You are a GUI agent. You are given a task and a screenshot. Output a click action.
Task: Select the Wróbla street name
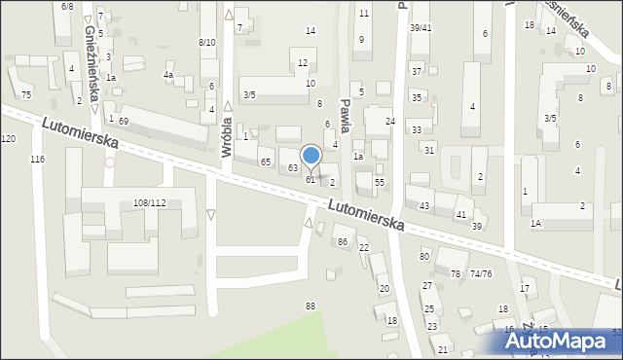click(226, 135)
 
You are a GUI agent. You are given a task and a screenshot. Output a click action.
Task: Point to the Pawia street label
click(345, 113)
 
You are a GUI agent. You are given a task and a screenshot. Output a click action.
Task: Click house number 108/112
click(149, 202)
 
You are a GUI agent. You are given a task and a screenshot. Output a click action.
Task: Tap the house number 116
click(37, 159)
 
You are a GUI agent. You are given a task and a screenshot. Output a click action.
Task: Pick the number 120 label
click(8, 139)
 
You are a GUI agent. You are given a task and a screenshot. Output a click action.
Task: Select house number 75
click(26, 94)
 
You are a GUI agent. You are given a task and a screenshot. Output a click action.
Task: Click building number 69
click(124, 120)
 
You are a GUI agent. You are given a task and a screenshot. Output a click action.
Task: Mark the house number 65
click(265, 162)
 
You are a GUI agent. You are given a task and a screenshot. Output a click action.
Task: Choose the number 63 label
click(292, 168)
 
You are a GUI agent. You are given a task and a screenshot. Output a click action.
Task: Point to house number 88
click(311, 306)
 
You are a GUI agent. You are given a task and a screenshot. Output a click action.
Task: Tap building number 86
click(342, 240)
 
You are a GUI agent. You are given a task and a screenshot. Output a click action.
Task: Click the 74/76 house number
click(481, 273)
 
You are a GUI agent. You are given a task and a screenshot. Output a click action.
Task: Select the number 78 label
click(455, 273)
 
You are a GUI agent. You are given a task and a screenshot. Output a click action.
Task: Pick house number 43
click(423, 205)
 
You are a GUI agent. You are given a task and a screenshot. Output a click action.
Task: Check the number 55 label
click(380, 182)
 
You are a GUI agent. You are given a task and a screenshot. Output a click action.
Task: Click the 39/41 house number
click(421, 27)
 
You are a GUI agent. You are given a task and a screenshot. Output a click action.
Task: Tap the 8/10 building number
click(207, 42)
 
